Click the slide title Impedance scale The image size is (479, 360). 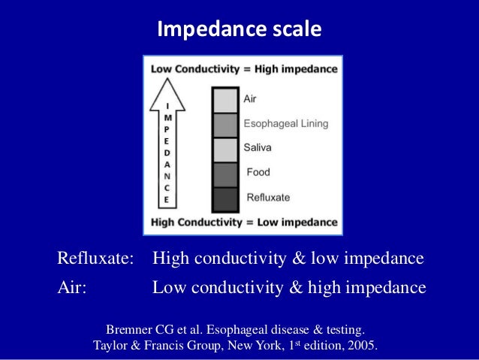[239, 29]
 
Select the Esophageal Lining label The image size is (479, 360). [285, 123]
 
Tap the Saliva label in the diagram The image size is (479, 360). [259, 148]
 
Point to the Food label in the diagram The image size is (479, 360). [259, 172]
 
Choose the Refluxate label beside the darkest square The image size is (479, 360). [268, 197]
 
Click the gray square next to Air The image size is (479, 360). [224, 100]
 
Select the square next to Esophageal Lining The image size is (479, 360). [224, 125]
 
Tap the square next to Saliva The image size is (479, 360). [224, 150]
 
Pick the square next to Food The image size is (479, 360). [224, 174]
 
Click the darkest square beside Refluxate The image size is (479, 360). [224, 198]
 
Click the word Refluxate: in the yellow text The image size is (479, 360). [95, 260]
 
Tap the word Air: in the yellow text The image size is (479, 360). [72, 288]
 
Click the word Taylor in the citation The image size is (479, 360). [112, 346]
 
